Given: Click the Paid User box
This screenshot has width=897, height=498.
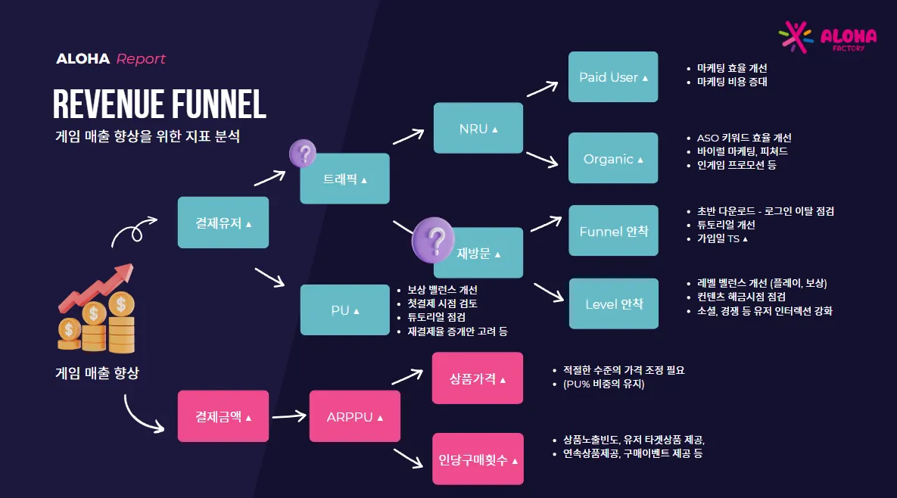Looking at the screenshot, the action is (612, 76).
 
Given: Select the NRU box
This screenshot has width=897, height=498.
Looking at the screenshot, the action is (478, 128).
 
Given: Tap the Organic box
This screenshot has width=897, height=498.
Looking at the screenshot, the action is (612, 158).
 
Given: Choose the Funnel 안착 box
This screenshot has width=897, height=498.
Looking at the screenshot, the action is (613, 230).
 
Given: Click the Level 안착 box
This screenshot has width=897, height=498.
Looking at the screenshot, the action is (614, 303).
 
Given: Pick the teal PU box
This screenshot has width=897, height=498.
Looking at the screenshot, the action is (345, 310).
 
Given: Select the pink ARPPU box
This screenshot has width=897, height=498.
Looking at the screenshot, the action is (355, 416).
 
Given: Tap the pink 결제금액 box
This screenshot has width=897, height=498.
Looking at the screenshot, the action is (223, 416).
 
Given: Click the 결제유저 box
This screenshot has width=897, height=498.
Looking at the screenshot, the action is (223, 223).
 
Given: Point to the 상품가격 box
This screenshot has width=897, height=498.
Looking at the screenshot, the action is (478, 378).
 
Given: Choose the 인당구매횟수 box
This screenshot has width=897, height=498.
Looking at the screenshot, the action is (478, 459).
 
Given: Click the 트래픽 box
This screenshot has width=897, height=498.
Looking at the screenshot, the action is (345, 179).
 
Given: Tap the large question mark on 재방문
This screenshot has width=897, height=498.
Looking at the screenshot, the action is (433, 240).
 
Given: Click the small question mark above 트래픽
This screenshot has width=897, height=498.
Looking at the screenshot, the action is (303, 153).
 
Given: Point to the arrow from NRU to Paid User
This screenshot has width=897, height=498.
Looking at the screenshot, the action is (542, 89).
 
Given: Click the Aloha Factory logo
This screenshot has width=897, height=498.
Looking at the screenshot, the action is (827, 37).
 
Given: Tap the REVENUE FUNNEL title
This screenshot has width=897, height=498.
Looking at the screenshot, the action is (160, 104).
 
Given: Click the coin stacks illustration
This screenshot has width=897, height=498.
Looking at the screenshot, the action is (97, 309).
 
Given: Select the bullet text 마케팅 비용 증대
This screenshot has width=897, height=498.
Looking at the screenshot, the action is (732, 82).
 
